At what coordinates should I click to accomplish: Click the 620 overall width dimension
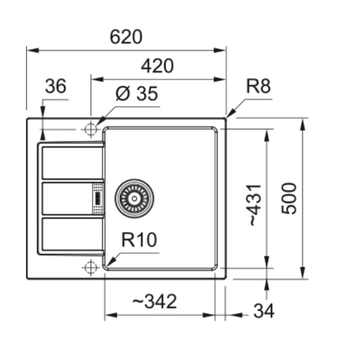(x=126, y=37)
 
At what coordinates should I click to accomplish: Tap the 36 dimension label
(x=55, y=86)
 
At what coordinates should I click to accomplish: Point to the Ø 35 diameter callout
(x=136, y=93)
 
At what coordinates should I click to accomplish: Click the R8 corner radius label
(x=258, y=86)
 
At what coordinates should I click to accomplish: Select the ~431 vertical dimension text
(x=254, y=204)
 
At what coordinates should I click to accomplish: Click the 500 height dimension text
(x=289, y=198)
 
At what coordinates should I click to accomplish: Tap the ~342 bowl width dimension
(x=154, y=301)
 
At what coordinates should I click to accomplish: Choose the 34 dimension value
(x=263, y=311)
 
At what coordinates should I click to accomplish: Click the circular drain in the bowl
(x=134, y=198)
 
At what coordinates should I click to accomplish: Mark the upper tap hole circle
(x=90, y=129)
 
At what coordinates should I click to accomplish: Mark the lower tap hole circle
(x=90, y=267)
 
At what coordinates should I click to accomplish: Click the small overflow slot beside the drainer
(x=97, y=198)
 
